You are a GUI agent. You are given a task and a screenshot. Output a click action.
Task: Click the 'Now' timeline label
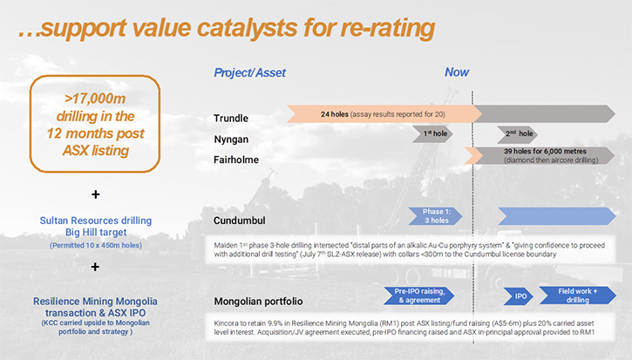pyautogui.click(x=457, y=72)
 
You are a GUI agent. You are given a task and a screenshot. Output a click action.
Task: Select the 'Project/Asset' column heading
pyautogui.click(x=249, y=72)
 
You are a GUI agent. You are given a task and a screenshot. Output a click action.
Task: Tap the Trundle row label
pyautogui.click(x=231, y=119)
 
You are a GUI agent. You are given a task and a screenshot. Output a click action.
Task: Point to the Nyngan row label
pyautogui.click(x=231, y=139)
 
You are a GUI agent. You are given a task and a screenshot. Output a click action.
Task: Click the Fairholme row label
pyautogui.click(x=236, y=160)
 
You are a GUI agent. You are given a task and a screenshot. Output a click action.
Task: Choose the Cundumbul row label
pyautogui.click(x=240, y=221)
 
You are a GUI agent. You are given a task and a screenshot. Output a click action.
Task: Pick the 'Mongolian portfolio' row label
pyautogui.click(x=258, y=301)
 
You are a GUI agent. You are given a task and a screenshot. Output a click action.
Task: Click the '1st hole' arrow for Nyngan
pyautogui.click(x=432, y=134)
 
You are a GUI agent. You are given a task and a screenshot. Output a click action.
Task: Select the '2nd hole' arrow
pyautogui.click(x=517, y=134)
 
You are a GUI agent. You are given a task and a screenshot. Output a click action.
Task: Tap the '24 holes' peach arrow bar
pyautogui.click(x=384, y=114)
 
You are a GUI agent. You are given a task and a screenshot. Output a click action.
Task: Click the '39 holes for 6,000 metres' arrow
pyautogui.click(x=540, y=156)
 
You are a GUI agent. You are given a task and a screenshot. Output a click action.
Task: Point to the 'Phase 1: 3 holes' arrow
pyautogui.click(x=435, y=216)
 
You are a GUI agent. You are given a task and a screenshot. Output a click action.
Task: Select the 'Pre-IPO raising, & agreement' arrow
pyautogui.click(x=419, y=295)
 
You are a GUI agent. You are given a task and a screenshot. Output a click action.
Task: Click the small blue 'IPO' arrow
pyautogui.click(x=519, y=296)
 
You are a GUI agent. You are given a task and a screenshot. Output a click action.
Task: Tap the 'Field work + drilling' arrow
pyautogui.click(x=578, y=295)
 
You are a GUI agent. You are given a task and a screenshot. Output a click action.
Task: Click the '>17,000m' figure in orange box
pyautogui.click(x=95, y=98)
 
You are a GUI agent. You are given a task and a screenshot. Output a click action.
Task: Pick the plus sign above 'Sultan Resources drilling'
pyautogui.click(x=96, y=194)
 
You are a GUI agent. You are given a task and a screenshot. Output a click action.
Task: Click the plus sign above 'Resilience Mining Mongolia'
pyautogui.click(x=95, y=267)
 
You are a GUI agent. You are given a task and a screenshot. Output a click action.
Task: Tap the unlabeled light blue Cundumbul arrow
pyautogui.click(x=557, y=216)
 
